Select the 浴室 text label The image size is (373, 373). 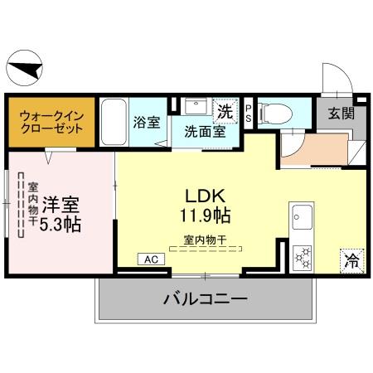tap(147, 123)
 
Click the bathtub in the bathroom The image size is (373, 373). tap(113, 122)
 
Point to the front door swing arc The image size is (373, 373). tap(333, 78)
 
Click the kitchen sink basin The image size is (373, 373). tap(299, 220)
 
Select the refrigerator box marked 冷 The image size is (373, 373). tap(350, 259)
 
